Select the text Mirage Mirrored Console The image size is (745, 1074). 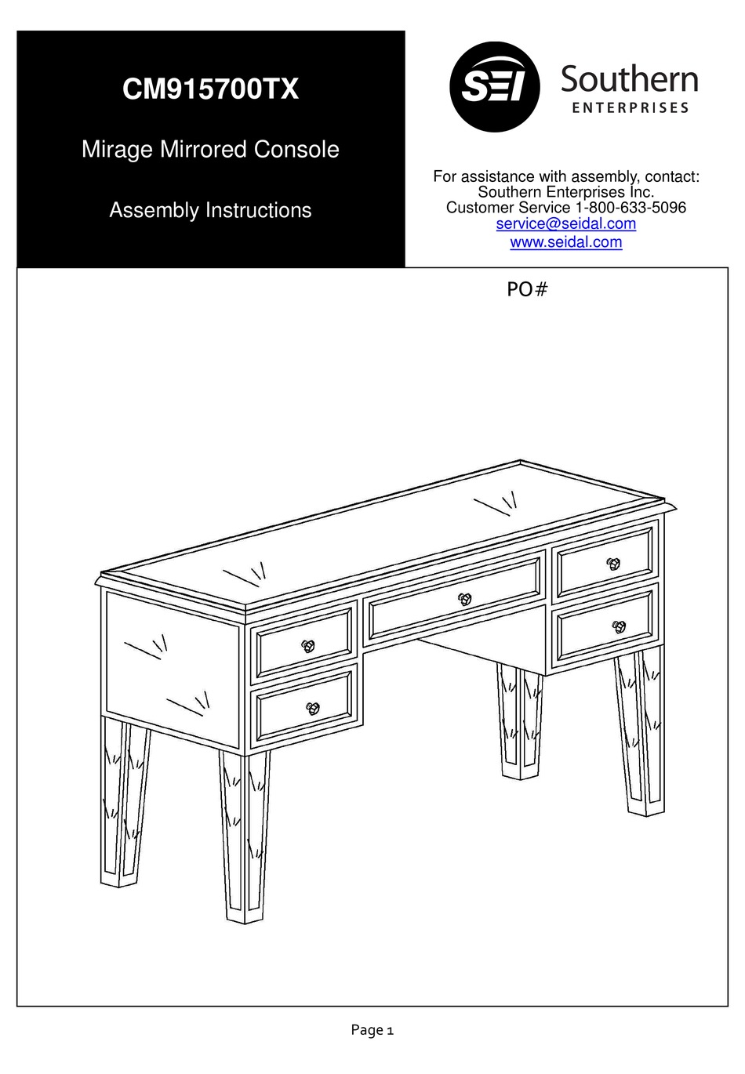(210, 149)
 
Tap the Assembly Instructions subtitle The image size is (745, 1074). (210, 210)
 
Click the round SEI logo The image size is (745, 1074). (494, 87)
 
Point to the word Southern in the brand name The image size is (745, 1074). (629, 80)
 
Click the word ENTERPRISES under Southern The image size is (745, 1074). (630, 108)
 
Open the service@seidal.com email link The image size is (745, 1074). (565, 224)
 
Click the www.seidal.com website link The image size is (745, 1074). (565, 242)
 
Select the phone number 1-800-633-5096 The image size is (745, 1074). (631, 208)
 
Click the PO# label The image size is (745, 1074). (526, 290)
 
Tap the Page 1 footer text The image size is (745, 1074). (372, 1030)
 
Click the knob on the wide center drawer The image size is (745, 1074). (465, 599)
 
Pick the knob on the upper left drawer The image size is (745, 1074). (307, 646)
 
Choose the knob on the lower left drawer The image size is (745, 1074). (313, 708)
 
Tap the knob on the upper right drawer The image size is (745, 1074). (613, 563)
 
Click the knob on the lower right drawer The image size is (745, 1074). (619, 626)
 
